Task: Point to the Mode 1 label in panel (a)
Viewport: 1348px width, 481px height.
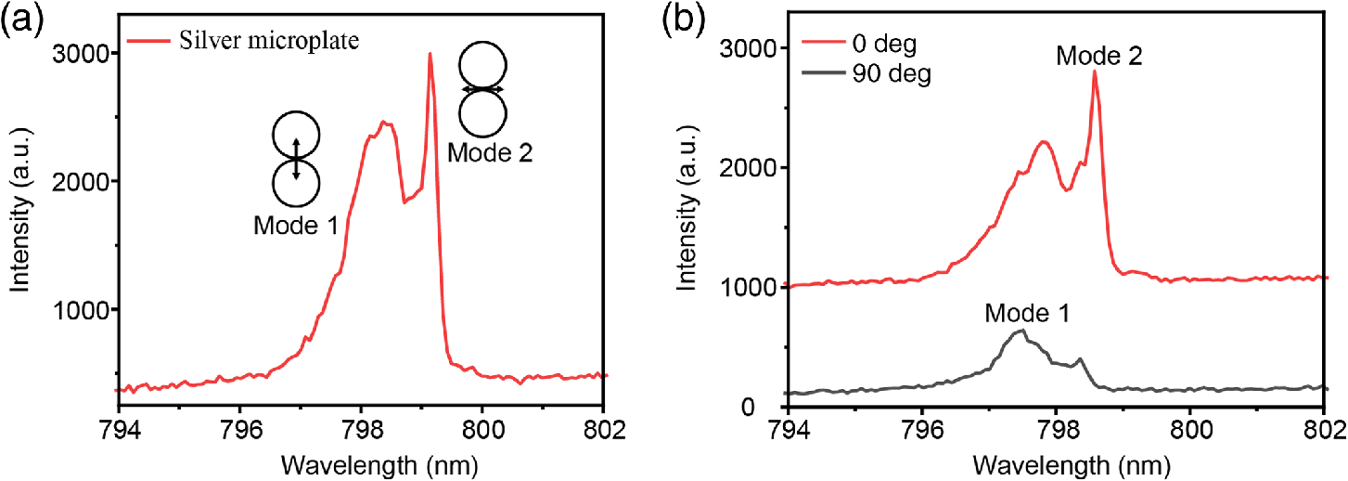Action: (297, 225)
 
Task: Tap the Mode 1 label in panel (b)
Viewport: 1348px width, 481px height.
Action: (1028, 315)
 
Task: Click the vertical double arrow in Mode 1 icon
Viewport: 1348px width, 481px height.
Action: (297, 159)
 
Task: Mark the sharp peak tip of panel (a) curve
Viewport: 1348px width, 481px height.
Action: (430, 54)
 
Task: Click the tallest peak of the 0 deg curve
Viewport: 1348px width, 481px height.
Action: (1095, 71)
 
